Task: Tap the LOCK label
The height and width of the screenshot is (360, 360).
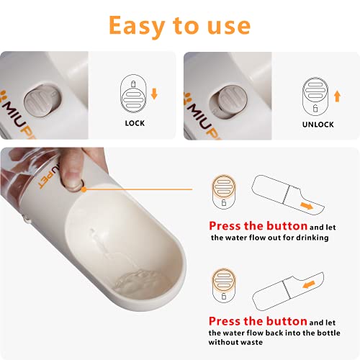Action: click(x=135, y=123)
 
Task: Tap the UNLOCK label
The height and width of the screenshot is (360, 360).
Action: click(x=318, y=125)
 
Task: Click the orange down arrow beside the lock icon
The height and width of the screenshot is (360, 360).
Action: click(x=154, y=94)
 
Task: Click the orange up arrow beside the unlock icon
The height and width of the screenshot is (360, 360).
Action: click(x=338, y=96)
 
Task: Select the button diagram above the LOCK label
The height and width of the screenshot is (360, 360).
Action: click(x=133, y=94)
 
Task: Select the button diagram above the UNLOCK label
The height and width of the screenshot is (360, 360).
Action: click(x=315, y=96)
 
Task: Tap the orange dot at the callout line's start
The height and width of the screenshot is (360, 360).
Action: click(x=84, y=189)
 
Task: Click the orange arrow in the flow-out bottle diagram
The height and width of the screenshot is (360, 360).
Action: click(x=307, y=206)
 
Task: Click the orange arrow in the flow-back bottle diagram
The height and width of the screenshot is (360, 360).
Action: click(x=309, y=284)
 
